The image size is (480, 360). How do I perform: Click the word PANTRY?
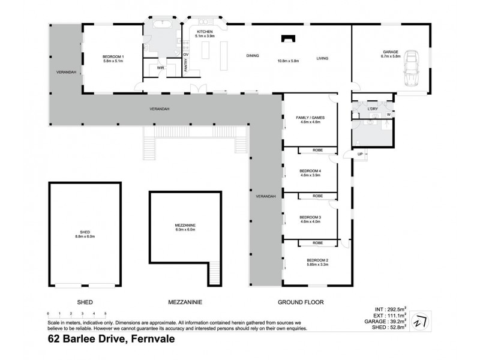coord(187,68)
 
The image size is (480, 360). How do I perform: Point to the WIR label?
coord(160,68)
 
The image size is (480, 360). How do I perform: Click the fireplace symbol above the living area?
coord(288,40)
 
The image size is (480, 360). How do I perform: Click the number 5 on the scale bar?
coord(105,314)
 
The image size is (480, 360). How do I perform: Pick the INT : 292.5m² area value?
coord(390,310)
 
